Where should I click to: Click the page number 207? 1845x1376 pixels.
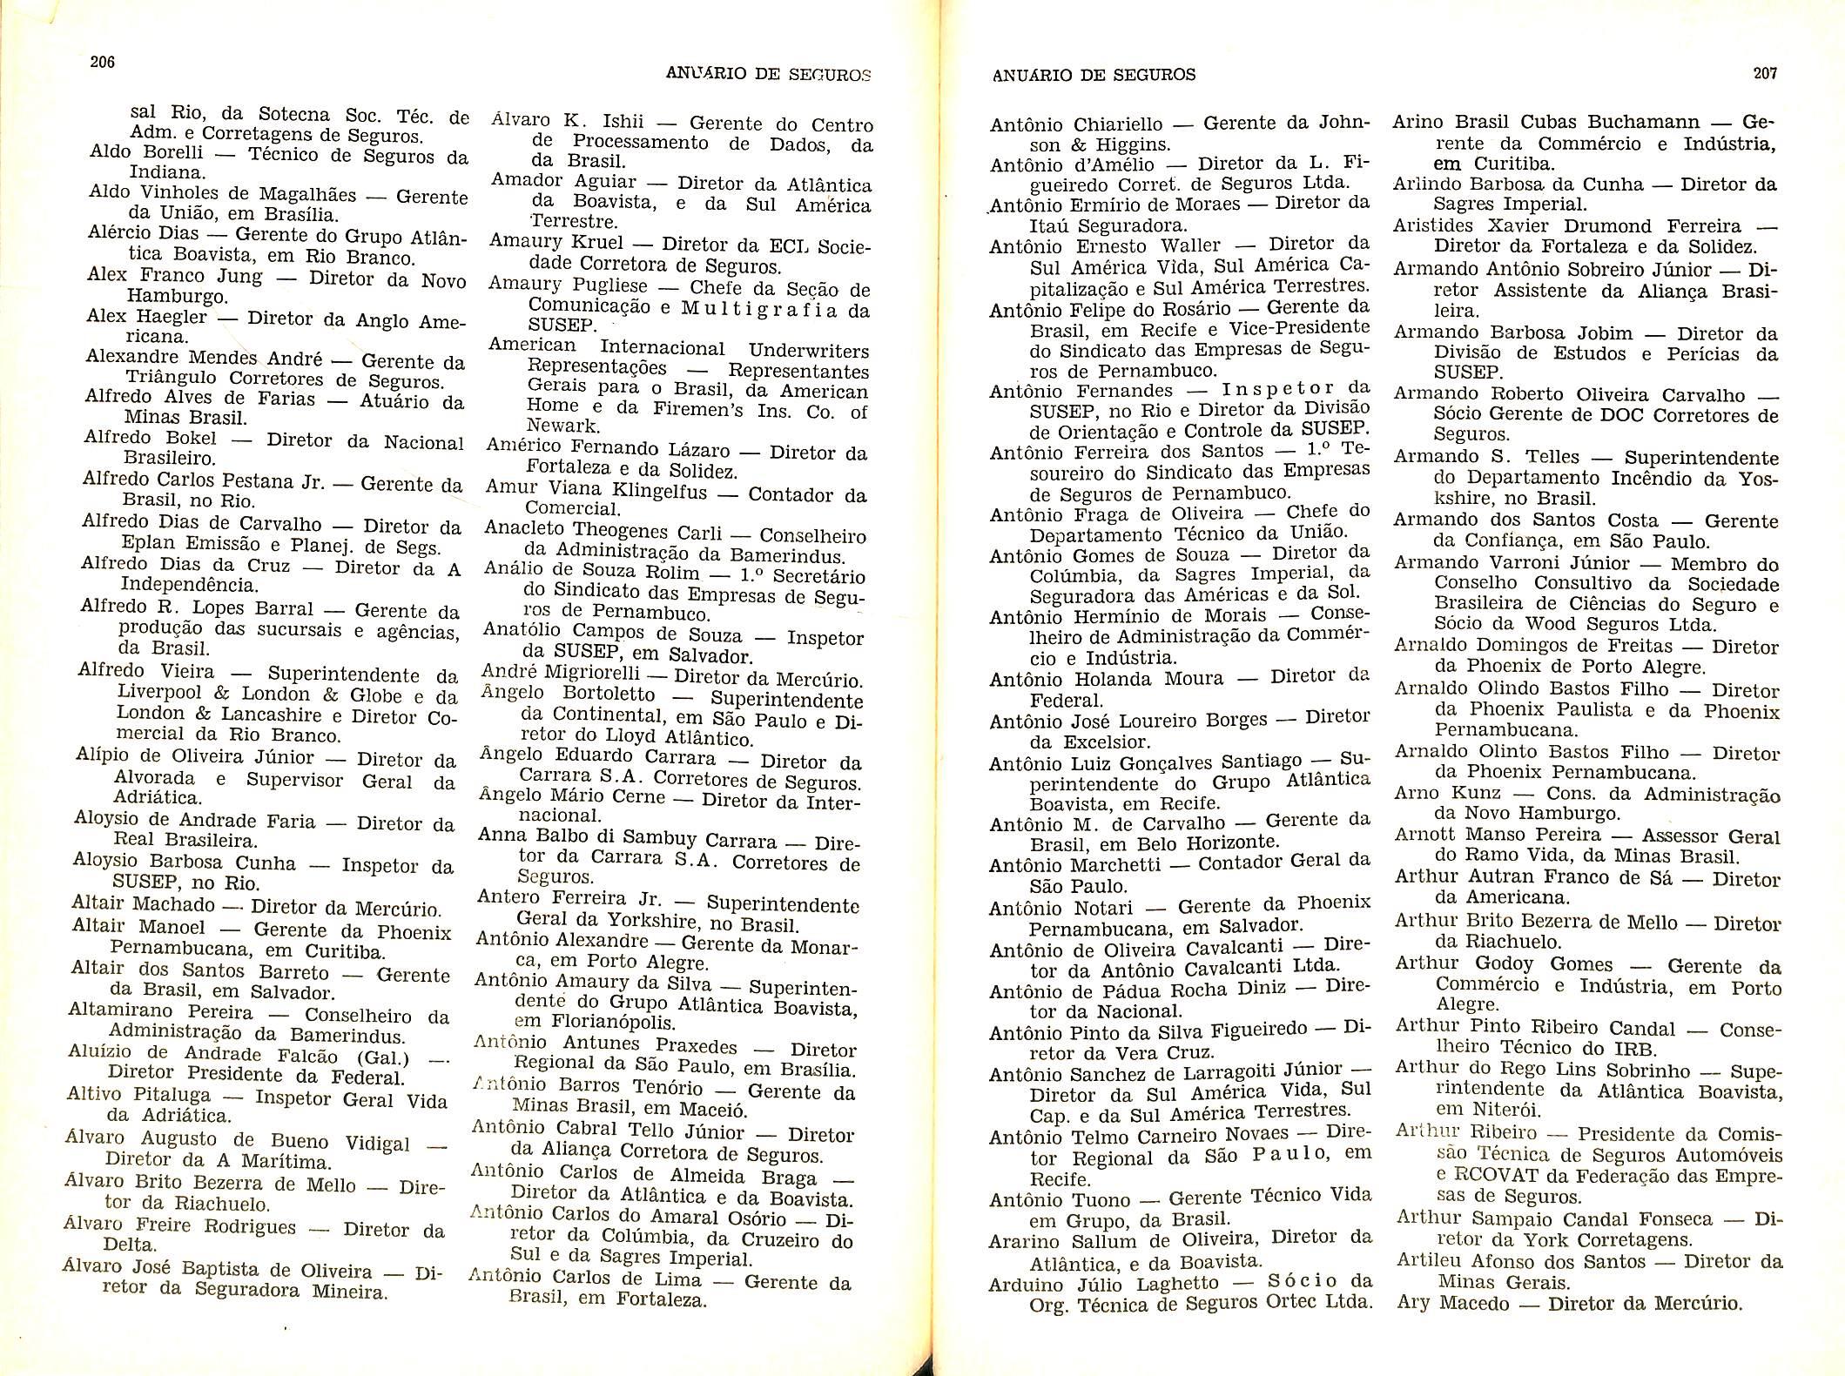pos(1765,73)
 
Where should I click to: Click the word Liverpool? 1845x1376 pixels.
pos(159,693)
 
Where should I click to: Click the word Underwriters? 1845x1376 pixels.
pos(808,351)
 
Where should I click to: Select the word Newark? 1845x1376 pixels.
pos(563,426)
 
